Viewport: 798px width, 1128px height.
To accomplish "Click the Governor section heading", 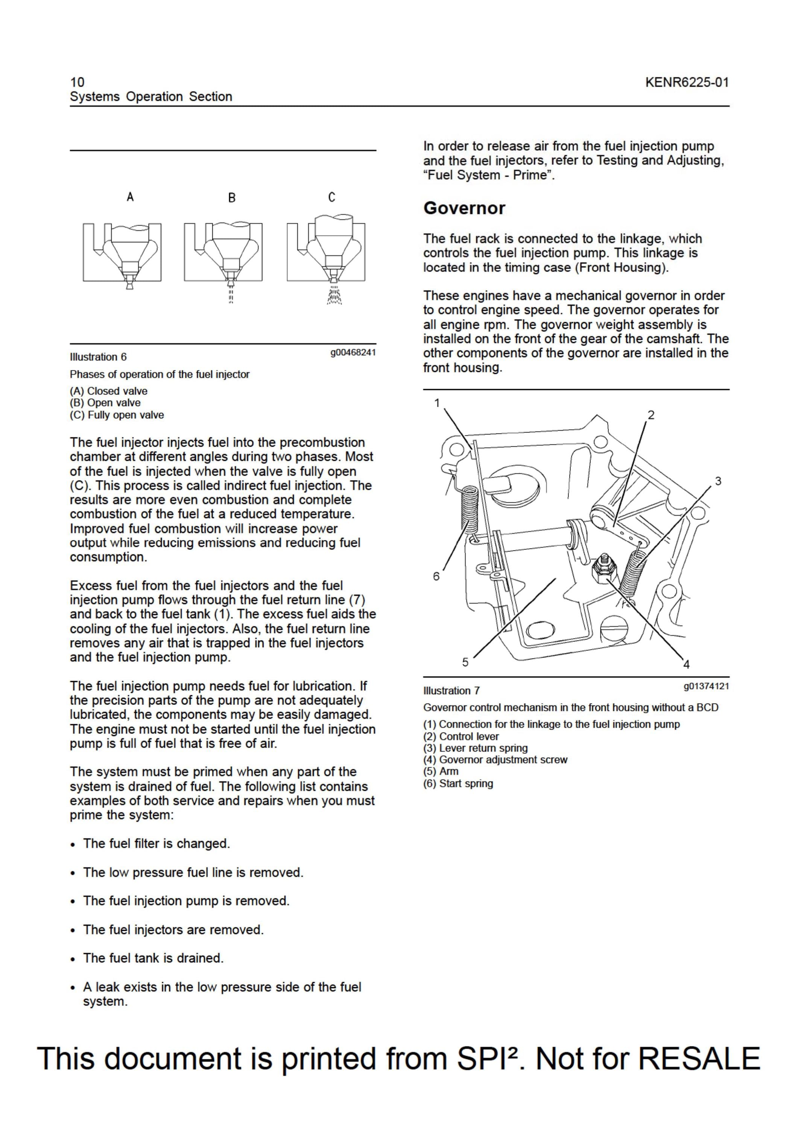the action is [464, 208].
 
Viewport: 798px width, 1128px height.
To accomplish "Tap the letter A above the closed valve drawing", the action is [130, 197].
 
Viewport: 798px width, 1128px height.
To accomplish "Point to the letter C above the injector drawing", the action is [332, 197].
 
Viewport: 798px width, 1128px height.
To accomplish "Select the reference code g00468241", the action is [353, 352].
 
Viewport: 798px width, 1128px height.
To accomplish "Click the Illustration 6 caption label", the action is [98, 357].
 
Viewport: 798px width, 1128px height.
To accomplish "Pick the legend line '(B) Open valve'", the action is [105, 403].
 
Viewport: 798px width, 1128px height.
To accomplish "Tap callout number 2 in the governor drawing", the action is [651, 415].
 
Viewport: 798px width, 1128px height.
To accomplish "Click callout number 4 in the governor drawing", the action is [686, 664].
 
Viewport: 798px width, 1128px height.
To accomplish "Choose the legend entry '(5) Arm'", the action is [441, 771].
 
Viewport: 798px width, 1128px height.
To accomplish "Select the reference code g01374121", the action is [706, 686].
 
